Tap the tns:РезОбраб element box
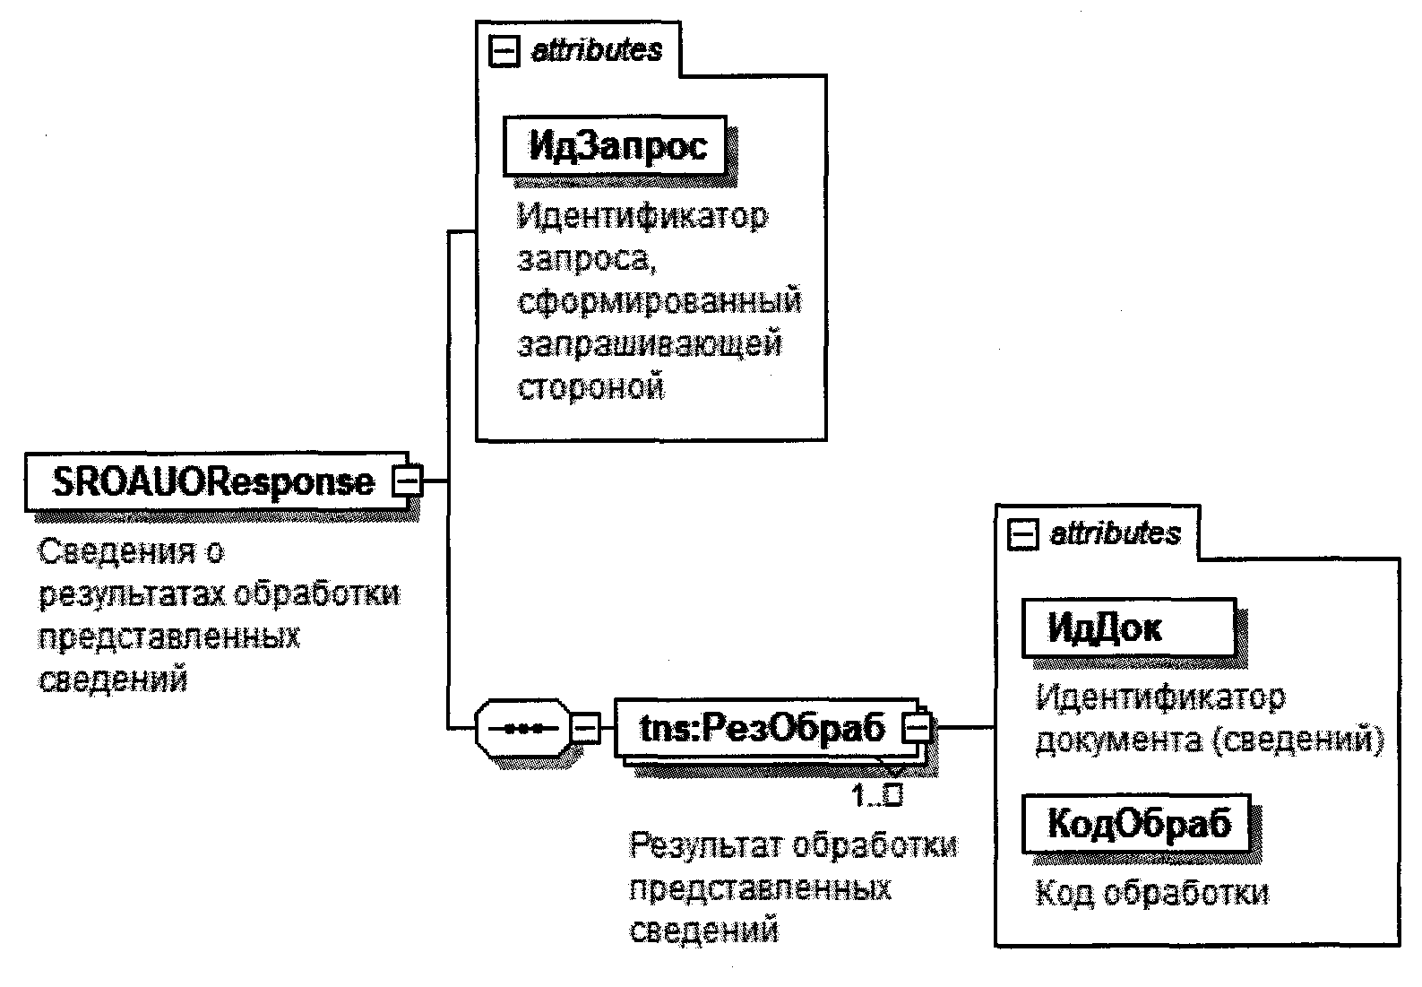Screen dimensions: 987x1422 click(x=762, y=727)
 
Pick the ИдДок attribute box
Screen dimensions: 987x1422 click(x=1127, y=628)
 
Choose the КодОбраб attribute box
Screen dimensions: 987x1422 click(x=1139, y=822)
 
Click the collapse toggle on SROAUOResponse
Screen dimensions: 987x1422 click(x=407, y=481)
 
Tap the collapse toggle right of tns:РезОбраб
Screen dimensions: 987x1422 click(x=917, y=727)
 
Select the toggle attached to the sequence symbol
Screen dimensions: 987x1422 click(x=585, y=727)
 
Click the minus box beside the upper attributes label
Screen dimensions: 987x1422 click(x=504, y=52)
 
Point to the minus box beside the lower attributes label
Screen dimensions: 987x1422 click(x=1022, y=535)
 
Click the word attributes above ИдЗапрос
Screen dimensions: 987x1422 click(x=597, y=50)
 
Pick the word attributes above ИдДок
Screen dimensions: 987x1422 click(x=1116, y=533)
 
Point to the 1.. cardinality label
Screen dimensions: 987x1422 click(x=875, y=794)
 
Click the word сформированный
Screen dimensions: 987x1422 click(x=659, y=300)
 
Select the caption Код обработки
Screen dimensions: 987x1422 click(x=1152, y=892)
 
